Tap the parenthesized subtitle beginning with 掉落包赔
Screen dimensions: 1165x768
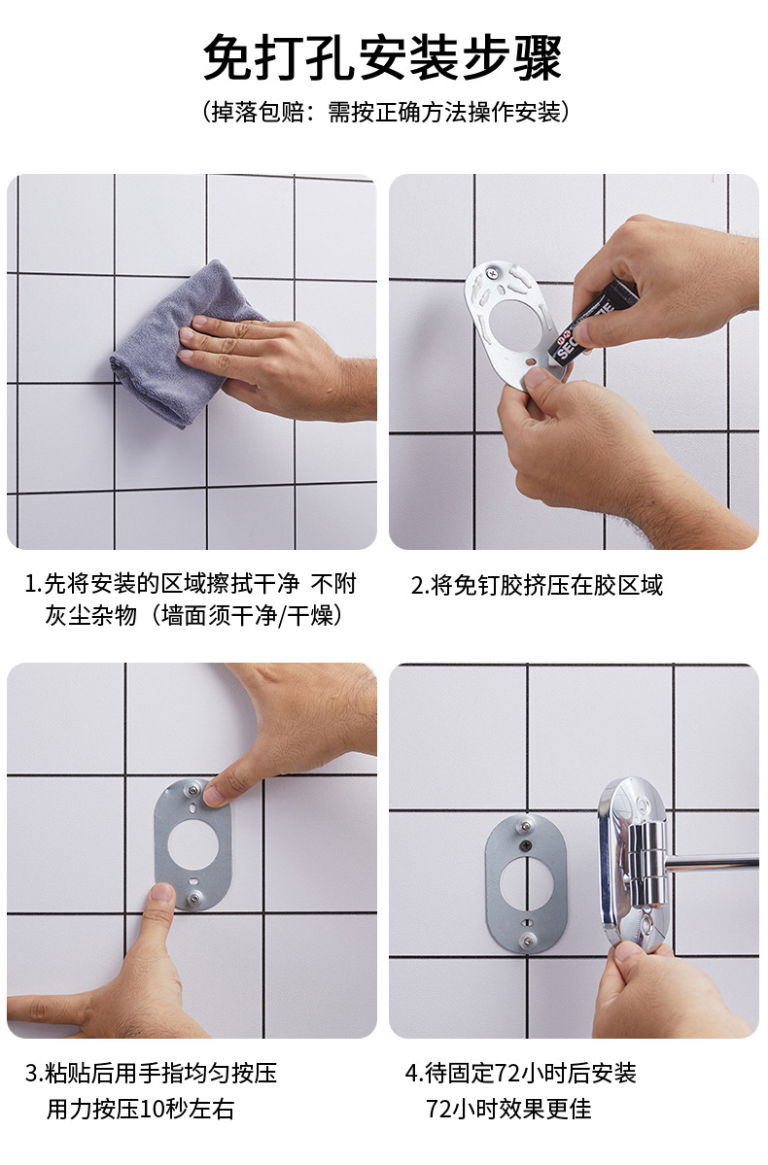[383, 113]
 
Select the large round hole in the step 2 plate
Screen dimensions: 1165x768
[521, 326]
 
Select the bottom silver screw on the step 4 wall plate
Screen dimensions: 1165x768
[527, 939]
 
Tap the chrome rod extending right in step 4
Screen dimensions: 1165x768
[715, 862]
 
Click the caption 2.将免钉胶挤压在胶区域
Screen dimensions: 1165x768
[537, 585]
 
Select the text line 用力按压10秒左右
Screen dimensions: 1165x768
[140, 1109]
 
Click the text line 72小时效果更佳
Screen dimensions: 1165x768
[508, 1109]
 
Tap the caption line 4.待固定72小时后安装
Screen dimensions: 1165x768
[520, 1073]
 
